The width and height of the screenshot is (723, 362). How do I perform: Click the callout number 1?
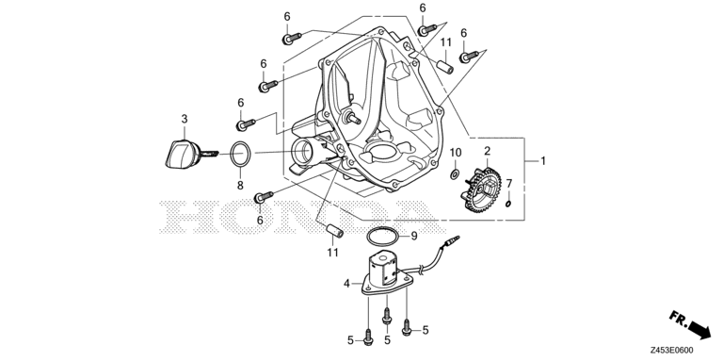pos(542,161)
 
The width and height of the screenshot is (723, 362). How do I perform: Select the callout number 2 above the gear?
pos(487,151)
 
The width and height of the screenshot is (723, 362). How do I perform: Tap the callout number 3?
pos(185,118)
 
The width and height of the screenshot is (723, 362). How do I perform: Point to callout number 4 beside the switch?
pos(346,283)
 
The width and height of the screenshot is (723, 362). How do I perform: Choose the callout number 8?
pos(240,186)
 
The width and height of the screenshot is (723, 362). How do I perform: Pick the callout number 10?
pos(455,153)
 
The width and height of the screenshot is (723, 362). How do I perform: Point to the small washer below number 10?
pos(455,173)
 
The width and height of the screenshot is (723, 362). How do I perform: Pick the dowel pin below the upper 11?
pos(442,66)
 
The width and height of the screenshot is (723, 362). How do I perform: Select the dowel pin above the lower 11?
pos(331,230)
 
